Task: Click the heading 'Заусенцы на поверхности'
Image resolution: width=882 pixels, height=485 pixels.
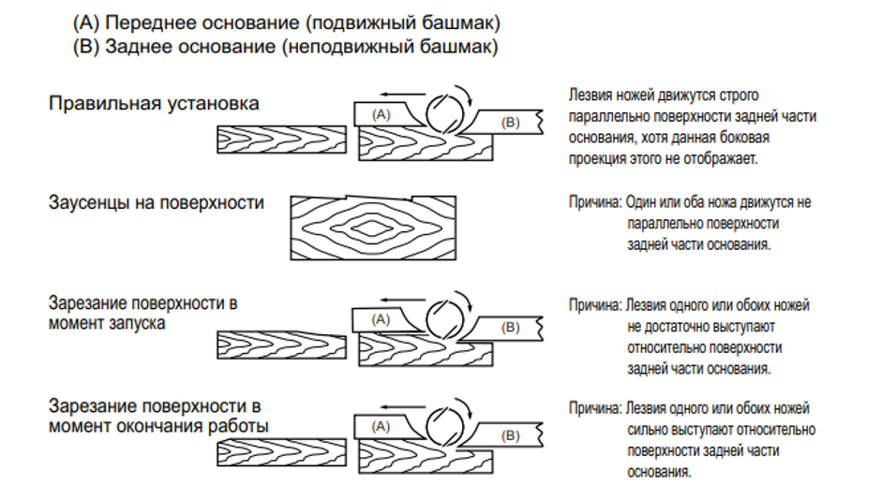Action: point(157,202)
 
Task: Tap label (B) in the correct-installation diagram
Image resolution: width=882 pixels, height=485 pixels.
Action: point(510,122)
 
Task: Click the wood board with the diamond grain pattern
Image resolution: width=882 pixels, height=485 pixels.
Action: point(373,227)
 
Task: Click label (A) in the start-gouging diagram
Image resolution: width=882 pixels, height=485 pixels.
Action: point(381,318)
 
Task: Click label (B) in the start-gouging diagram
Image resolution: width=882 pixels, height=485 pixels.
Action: point(510,328)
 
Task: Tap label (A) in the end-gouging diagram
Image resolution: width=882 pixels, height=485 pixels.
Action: point(381,425)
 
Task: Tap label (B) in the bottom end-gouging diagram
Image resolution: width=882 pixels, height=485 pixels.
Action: point(510,435)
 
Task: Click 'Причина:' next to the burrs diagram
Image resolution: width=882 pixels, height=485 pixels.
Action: point(594,201)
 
